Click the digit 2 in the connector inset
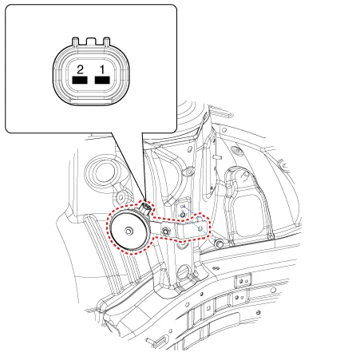(x=80, y=69)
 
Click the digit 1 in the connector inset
(x=102, y=69)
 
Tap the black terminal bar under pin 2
(x=80, y=80)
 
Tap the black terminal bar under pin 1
(x=102, y=80)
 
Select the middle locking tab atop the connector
(x=91, y=41)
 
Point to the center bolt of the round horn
(x=129, y=231)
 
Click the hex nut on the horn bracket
(x=166, y=231)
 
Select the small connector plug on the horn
(x=146, y=207)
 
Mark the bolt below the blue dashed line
(x=219, y=243)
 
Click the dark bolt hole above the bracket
(x=183, y=214)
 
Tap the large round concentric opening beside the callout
(x=104, y=172)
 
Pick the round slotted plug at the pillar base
(x=184, y=272)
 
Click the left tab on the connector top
(x=76, y=42)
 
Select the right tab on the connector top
(x=106, y=42)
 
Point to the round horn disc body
(x=129, y=230)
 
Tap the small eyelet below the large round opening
(x=121, y=197)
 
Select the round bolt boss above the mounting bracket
(x=189, y=172)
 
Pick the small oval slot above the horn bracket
(x=190, y=149)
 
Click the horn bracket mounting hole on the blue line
(x=200, y=228)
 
